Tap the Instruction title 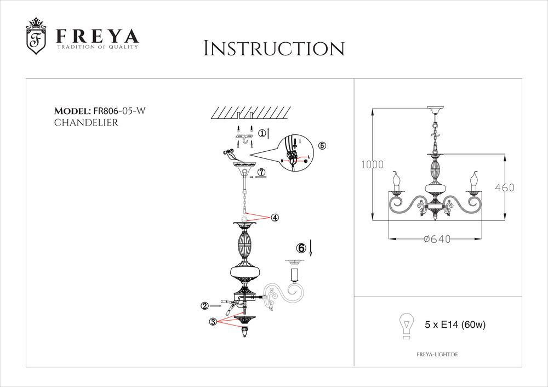coord(273,49)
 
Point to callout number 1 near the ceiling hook coord(262,133)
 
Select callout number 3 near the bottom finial coord(213,322)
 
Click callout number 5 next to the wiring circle coord(322,145)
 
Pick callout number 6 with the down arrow coord(300,248)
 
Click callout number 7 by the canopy coord(261,172)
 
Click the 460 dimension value coord(505,187)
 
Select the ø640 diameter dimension coord(437,238)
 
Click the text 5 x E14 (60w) coord(456,325)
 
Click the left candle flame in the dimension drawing coord(395,178)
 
